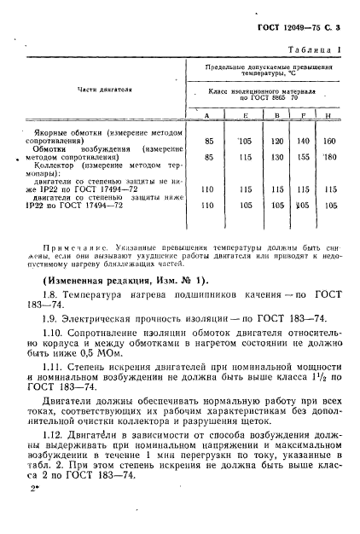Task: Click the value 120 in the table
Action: (276, 141)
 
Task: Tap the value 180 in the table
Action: (330, 157)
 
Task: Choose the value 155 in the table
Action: (303, 157)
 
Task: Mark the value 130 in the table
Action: (276, 157)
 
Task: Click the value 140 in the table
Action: (303, 141)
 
